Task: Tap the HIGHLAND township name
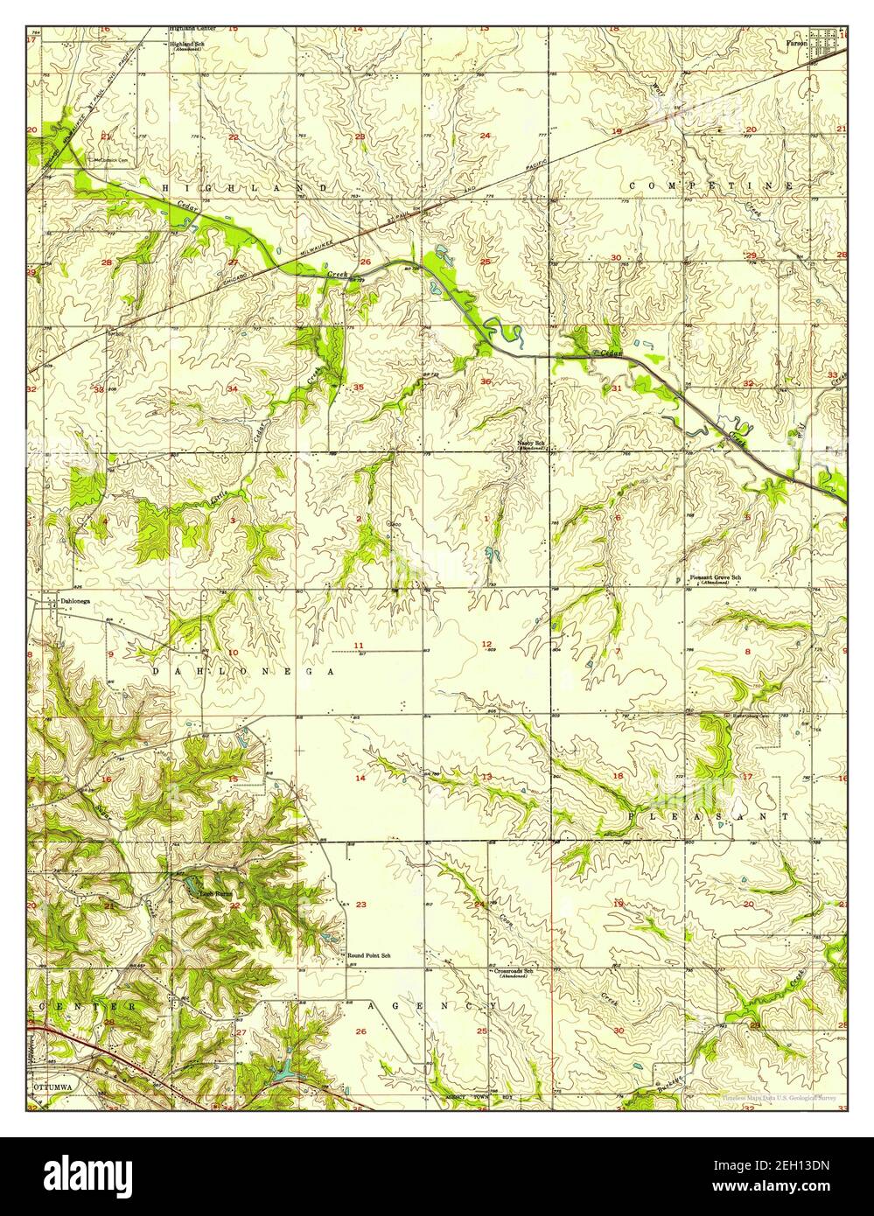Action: pyautogui.click(x=245, y=188)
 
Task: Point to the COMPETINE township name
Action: pyautogui.click(x=711, y=186)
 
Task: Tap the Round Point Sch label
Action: pyautogui.click(x=369, y=955)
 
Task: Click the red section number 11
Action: pyautogui.click(x=359, y=646)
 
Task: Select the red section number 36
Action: pyautogui.click(x=485, y=381)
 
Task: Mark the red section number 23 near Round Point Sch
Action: pyautogui.click(x=360, y=905)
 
